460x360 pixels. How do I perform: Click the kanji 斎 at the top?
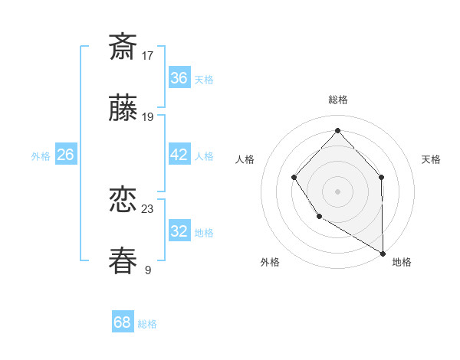(x=123, y=47)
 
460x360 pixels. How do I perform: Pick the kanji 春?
(x=123, y=261)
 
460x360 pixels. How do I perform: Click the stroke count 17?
(x=148, y=55)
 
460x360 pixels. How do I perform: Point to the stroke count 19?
(x=148, y=116)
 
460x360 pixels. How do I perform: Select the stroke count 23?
(x=148, y=208)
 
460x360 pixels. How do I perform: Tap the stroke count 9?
(x=148, y=270)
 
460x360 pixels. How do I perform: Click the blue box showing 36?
(x=179, y=78)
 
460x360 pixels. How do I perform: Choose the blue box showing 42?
(x=179, y=155)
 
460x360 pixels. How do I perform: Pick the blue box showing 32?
(x=179, y=231)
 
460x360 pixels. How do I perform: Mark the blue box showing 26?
(x=65, y=155)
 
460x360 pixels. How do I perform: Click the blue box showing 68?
(x=123, y=322)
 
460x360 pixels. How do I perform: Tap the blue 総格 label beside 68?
(x=147, y=324)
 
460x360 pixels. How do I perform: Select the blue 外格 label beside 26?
(x=41, y=156)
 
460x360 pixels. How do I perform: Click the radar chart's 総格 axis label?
(x=337, y=100)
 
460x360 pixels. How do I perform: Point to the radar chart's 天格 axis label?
(x=431, y=159)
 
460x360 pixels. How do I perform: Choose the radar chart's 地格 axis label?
(x=402, y=262)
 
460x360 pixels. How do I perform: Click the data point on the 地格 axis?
(x=383, y=252)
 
